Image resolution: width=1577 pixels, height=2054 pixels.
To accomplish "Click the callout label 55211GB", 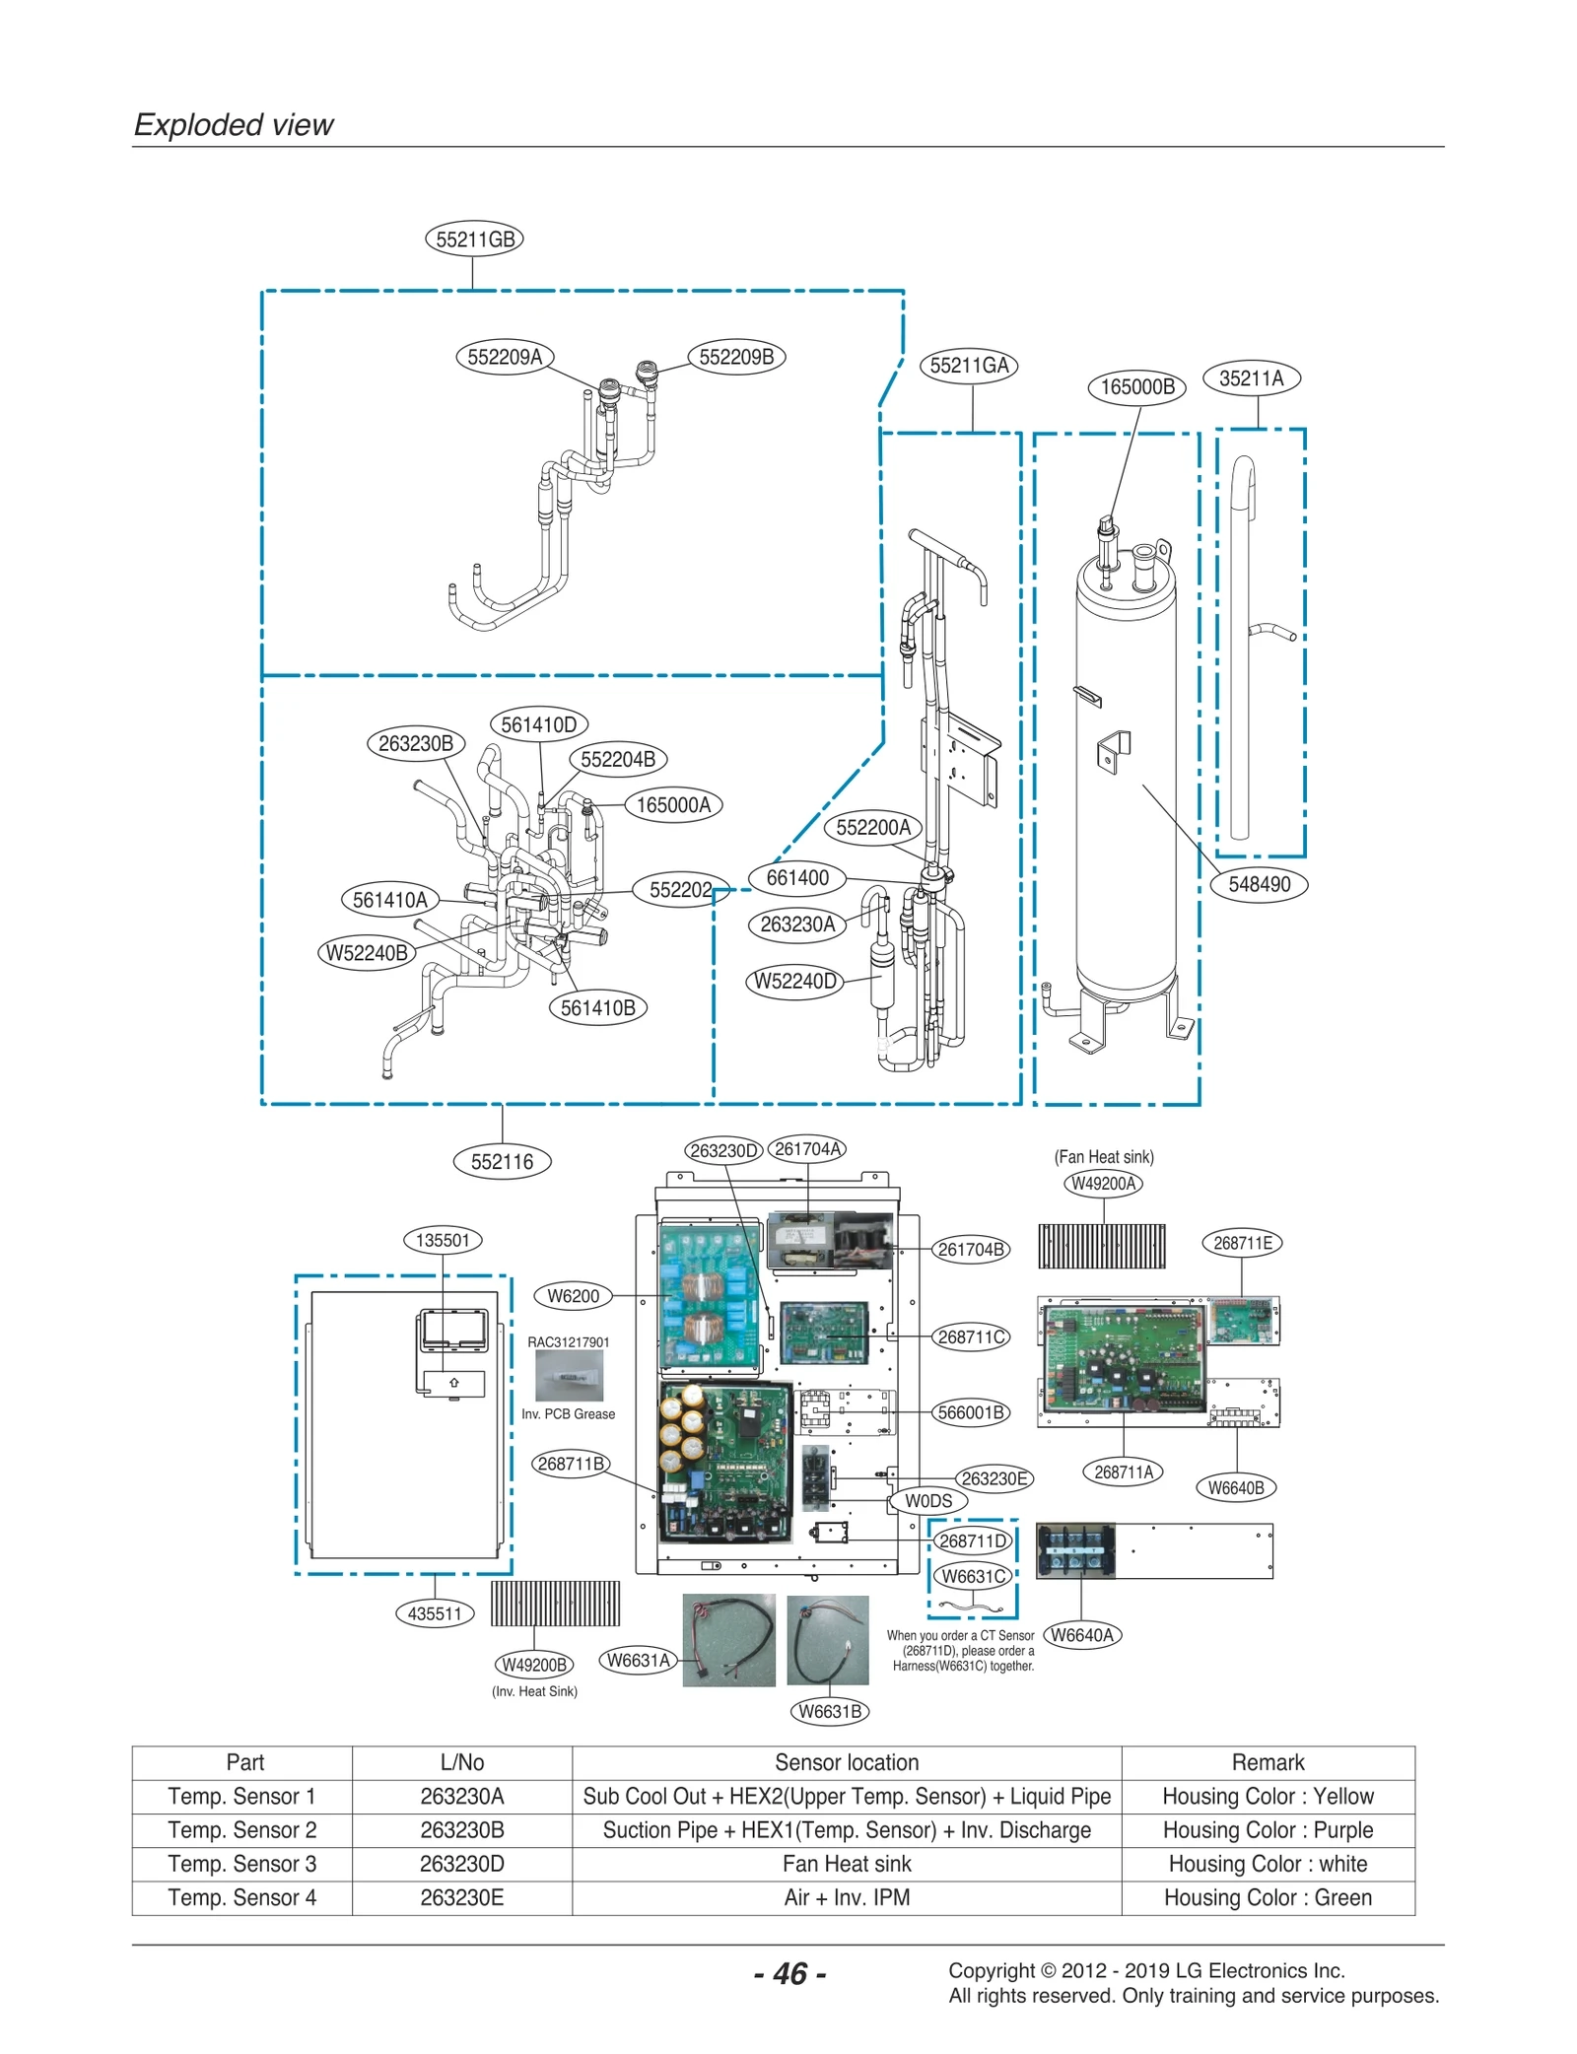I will (474, 239).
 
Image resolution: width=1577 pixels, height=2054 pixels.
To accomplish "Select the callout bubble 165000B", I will (1136, 386).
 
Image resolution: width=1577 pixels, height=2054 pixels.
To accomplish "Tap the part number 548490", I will (1259, 884).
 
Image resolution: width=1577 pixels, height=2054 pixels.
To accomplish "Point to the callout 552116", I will (502, 1161).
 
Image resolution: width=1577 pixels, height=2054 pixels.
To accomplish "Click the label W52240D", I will (795, 981).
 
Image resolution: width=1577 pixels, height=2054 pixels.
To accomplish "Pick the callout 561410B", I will (597, 1007).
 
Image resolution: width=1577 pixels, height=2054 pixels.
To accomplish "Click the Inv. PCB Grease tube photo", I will (569, 1375).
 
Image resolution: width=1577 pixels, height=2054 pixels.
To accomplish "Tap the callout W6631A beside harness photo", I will (638, 1660).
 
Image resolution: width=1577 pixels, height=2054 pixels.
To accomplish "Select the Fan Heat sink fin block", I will (1101, 1246).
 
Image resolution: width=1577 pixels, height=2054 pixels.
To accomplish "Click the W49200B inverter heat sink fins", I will (555, 1604).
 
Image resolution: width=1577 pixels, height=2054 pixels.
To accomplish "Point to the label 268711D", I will (973, 1540).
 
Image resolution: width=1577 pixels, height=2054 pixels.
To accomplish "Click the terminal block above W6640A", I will (1075, 1550).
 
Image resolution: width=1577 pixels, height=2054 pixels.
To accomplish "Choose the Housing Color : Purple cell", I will (1268, 1830).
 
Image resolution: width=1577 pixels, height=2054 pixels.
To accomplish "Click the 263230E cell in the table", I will (461, 1897).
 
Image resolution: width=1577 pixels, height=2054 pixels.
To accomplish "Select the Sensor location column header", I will (846, 1762).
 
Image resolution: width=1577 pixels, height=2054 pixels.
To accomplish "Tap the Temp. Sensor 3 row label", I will (241, 1864).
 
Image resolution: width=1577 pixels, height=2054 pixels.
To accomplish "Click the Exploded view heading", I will (234, 125).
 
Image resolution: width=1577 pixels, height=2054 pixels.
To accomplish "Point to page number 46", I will (789, 1973).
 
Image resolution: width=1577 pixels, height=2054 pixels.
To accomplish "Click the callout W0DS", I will (928, 1501).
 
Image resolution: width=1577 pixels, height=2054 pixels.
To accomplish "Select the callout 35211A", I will (1251, 378).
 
